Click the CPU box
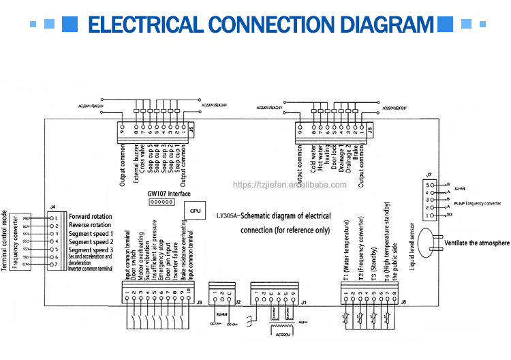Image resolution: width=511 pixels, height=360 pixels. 195,212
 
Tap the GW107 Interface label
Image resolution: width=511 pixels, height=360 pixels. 170,194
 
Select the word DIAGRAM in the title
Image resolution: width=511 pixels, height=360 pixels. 387,25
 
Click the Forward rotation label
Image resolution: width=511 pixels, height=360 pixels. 90,217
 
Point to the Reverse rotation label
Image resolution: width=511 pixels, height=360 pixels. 90,225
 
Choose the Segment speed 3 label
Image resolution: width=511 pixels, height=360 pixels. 91,250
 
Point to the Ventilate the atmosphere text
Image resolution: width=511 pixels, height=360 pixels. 476,243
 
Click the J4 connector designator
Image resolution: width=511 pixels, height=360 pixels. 53,206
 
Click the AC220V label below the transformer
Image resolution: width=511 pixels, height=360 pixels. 279,335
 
